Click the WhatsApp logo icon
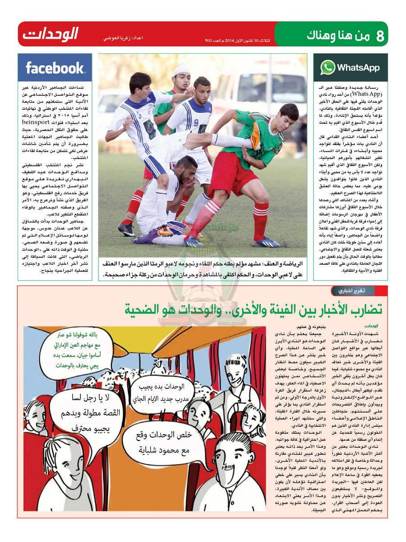pos(328,68)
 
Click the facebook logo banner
pos(55,68)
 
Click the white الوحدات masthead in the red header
pos(51,34)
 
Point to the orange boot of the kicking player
pos(255,136)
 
